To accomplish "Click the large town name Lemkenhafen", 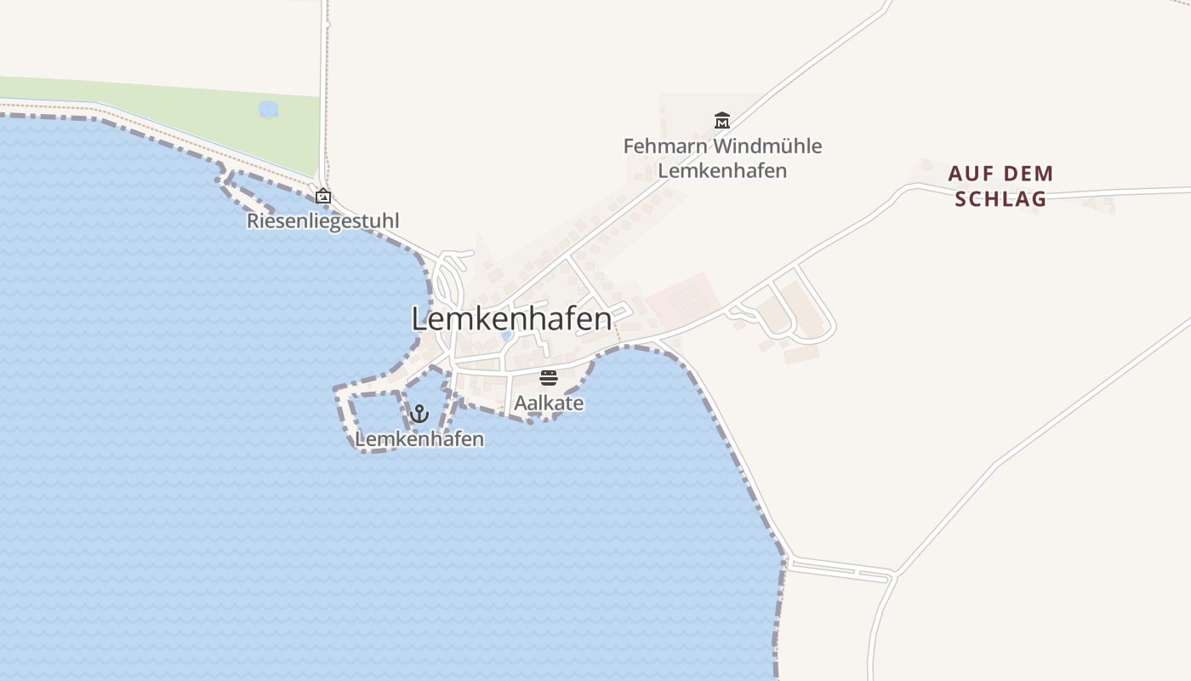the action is coord(511,319).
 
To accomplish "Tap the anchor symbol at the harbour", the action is coord(419,414).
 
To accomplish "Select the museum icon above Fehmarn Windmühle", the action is coord(722,120).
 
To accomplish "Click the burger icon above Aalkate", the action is coord(549,377).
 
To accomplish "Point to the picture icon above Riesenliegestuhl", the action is coord(323,196).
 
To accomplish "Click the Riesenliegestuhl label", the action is coord(323,221).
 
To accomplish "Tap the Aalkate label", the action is coord(549,403).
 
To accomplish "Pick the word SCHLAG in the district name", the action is coord(1000,200).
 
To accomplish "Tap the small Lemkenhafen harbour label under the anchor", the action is coord(419,439).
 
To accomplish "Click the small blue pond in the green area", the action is coord(268,109).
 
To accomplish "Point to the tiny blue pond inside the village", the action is coord(506,336).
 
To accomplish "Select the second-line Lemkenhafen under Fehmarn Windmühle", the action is coord(722,170).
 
